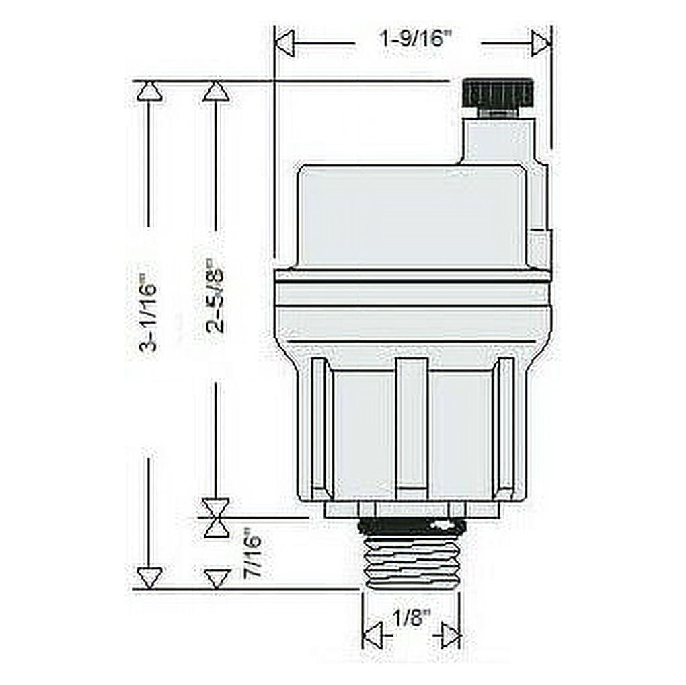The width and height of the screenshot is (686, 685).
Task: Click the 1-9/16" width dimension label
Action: pyautogui.click(x=416, y=40)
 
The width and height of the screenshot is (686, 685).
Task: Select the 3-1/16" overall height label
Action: pyautogui.click(x=147, y=312)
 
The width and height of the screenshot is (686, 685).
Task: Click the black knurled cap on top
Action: pyautogui.click(x=498, y=94)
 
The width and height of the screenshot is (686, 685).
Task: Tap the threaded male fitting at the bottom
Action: pyautogui.click(x=410, y=554)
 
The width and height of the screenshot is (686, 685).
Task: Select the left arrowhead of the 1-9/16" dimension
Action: pyautogui.click(x=286, y=44)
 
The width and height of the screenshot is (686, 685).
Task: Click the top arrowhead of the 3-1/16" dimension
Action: pyautogui.click(x=149, y=91)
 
